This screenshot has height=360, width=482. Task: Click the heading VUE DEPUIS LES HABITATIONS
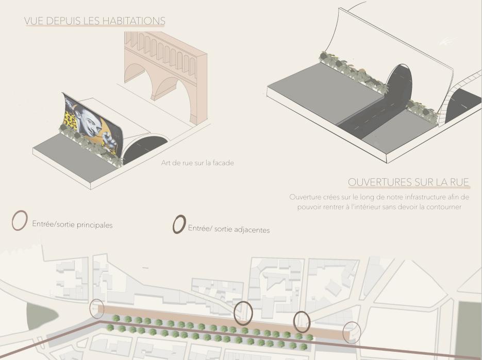click(94, 21)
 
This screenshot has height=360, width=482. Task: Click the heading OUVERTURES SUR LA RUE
click(408, 182)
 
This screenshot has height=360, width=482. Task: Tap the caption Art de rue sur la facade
click(197, 163)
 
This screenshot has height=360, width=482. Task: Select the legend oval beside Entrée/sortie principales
click(20, 220)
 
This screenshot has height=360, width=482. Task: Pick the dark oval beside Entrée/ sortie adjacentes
click(179, 224)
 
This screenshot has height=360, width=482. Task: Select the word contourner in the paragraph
click(441, 207)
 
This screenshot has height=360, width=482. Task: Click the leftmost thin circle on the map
click(97, 308)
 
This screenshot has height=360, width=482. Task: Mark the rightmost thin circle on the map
click(352, 333)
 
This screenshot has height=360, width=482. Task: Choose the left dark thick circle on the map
click(243, 313)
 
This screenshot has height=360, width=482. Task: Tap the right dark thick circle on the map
click(302, 321)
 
